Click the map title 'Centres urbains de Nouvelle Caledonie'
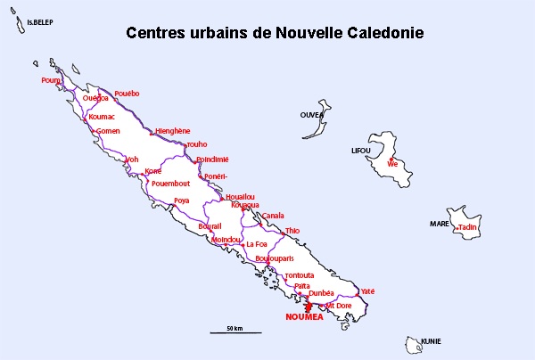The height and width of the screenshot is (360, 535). [275, 34]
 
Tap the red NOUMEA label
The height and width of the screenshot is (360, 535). [305, 316]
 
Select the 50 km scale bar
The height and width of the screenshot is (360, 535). [235, 331]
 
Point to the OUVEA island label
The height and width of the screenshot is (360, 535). [311, 115]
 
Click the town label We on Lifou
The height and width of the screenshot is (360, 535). [392, 165]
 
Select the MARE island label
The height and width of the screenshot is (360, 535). [440, 224]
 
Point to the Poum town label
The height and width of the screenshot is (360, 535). [50, 80]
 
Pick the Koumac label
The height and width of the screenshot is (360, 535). [102, 117]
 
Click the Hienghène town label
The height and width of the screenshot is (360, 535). [172, 131]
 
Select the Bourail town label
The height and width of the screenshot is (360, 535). [210, 226]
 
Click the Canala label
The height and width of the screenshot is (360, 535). [273, 216]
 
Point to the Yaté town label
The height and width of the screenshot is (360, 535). [368, 291]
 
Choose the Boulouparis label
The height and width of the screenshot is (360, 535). [274, 258]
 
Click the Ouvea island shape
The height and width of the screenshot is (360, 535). [314, 127]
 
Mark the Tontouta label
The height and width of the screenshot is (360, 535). [300, 275]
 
